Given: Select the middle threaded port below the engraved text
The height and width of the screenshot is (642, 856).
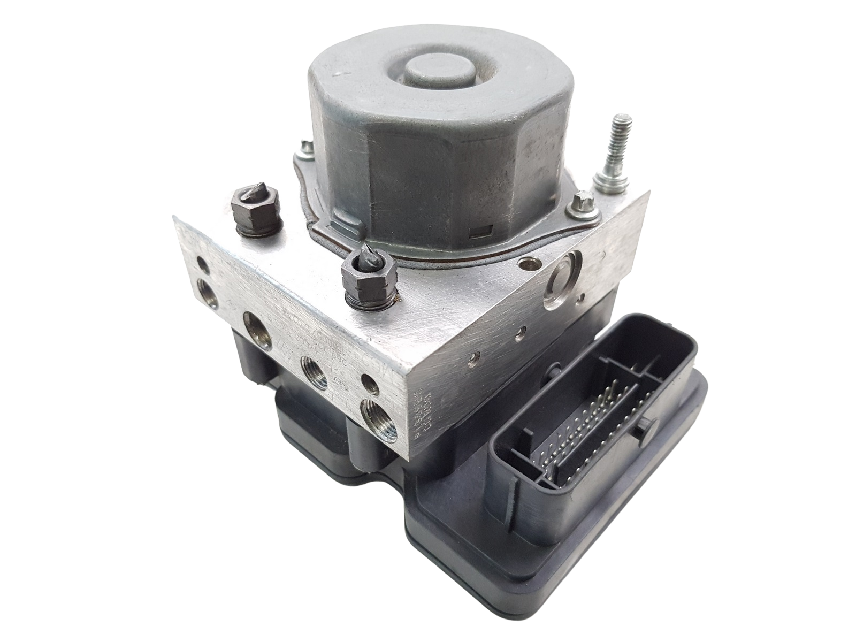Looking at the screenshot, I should (314, 370).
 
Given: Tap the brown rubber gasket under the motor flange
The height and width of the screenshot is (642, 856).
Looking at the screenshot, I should (374, 235).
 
